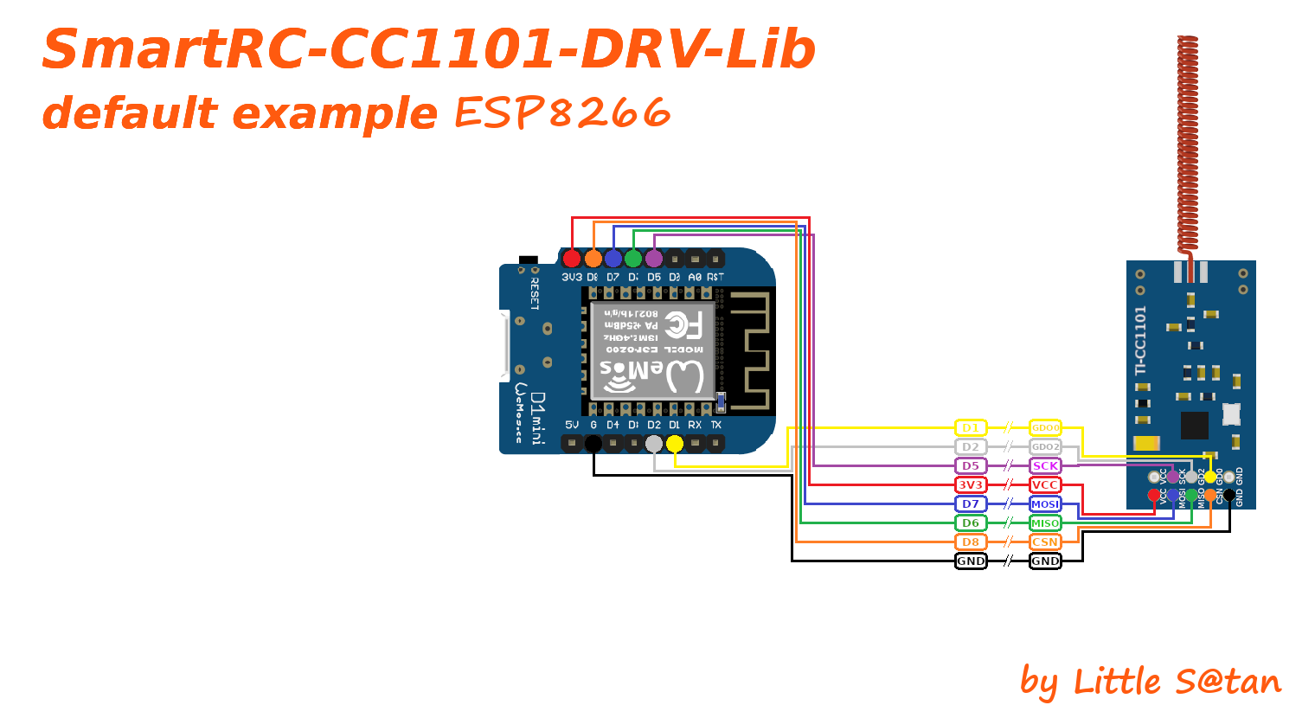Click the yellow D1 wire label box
point(971,428)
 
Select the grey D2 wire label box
point(971,447)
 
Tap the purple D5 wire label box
point(971,466)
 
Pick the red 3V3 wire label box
point(971,485)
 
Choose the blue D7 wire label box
point(971,504)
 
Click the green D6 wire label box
point(971,523)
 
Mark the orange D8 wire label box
point(971,542)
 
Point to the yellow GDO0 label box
point(1045,428)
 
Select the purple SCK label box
point(1045,466)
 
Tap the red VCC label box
point(1045,485)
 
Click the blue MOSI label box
point(1045,504)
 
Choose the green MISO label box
point(1045,523)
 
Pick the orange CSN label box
point(1045,542)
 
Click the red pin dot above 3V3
point(572,259)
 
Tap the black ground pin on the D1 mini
point(593,444)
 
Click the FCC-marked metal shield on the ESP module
point(653,350)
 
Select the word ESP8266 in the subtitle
point(562,112)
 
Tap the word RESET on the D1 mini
point(535,293)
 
